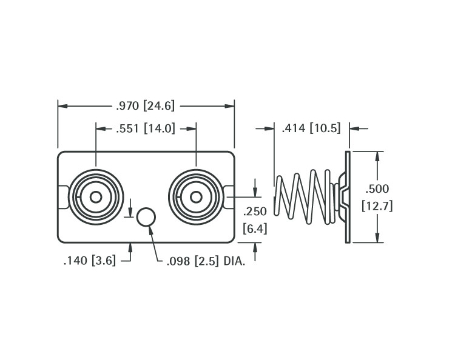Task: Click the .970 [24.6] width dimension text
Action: tap(146, 106)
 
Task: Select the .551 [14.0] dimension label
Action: tap(146, 128)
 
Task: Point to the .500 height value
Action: tap(377, 189)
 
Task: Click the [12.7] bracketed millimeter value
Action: tap(377, 206)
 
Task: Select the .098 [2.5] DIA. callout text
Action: tap(206, 262)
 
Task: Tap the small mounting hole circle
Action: tap(146, 216)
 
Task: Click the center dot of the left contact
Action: tap(96, 197)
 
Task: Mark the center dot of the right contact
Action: tap(196, 197)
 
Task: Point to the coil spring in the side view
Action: tap(303, 197)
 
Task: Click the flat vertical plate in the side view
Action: tap(348, 197)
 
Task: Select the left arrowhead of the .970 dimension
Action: tap(62, 106)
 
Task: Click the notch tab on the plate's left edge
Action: tap(63, 197)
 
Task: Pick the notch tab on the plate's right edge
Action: tap(229, 197)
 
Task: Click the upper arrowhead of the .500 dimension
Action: tap(378, 156)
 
